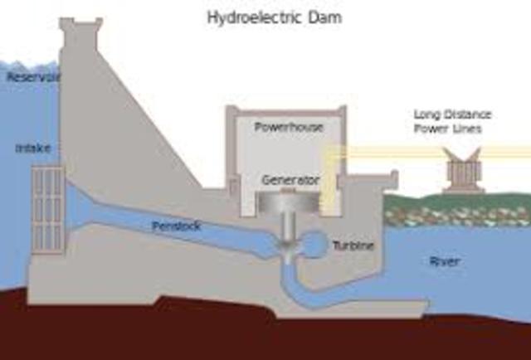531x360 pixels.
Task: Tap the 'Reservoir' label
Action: pos(30,77)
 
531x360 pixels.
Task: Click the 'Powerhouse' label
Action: pos(289,127)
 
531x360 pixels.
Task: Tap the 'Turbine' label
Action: pos(353,246)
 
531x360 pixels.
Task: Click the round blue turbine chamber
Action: pos(314,243)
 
